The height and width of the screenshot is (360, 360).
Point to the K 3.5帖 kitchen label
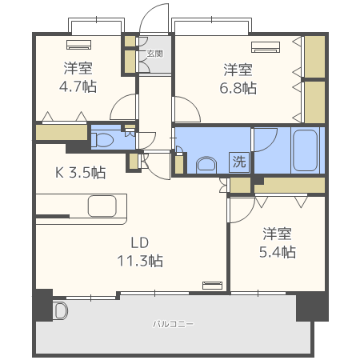[x=80, y=171]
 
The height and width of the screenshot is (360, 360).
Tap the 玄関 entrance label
[x=154, y=54]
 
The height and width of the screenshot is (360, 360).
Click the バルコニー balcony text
[x=174, y=324]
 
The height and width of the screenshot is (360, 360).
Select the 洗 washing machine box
[x=239, y=161]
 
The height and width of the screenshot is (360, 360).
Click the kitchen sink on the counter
[x=103, y=206]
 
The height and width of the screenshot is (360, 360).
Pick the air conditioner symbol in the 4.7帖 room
[x=79, y=45]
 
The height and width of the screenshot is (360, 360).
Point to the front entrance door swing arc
[x=152, y=17]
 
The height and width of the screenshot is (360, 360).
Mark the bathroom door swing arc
[x=265, y=138]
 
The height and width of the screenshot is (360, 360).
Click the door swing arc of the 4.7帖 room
[x=125, y=107]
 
